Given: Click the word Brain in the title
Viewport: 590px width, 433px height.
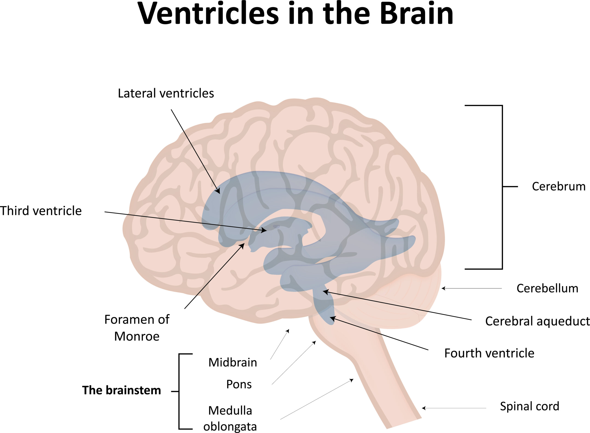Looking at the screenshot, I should [416, 14].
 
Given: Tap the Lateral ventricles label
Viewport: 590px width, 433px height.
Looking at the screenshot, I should [166, 93].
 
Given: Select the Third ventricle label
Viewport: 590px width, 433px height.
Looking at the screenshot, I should [41, 211].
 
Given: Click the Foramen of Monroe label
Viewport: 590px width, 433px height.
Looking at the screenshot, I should [137, 328].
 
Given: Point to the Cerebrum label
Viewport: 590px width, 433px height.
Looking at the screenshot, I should [559, 186].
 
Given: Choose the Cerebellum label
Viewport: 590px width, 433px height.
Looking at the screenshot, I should [547, 288].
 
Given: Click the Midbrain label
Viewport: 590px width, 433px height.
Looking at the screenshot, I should [233, 362].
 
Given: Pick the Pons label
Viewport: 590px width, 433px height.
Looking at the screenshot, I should [239, 384].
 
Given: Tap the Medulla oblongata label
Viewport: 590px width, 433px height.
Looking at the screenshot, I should [230, 418].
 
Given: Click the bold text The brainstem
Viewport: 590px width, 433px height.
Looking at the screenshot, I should [121, 390].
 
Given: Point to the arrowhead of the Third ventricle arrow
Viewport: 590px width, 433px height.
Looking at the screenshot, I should [265, 231].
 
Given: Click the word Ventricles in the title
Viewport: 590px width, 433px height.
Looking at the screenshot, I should [208, 14].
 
